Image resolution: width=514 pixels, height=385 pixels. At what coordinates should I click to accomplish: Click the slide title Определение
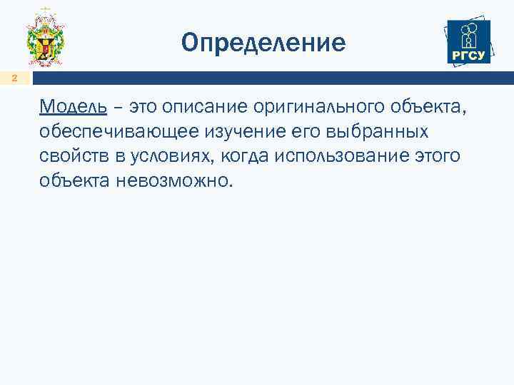pyautogui.click(x=263, y=43)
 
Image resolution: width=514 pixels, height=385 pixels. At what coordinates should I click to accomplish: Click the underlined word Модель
pyautogui.click(x=74, y=108)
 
